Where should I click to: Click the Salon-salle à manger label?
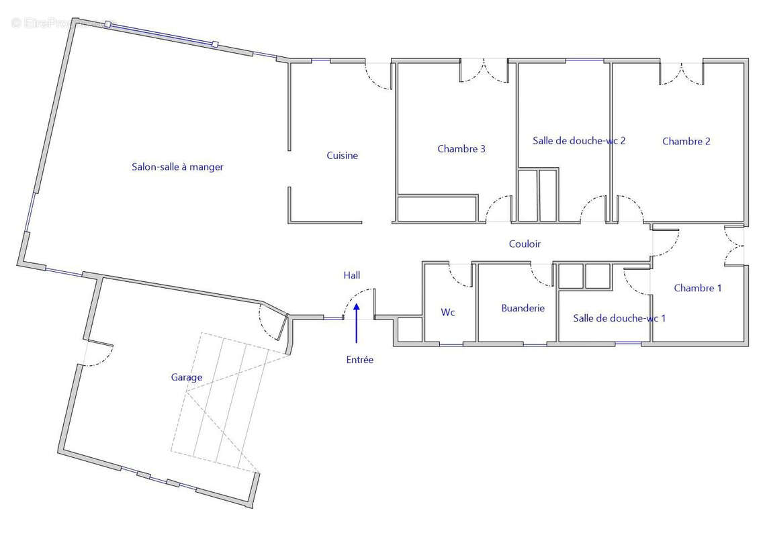(177, 167)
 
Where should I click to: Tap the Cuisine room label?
(343, 156)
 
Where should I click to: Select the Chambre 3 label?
(461, 149)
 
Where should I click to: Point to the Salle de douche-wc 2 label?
(579, 141)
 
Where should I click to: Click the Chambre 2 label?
(686, 141)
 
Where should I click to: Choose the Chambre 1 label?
(698, 288)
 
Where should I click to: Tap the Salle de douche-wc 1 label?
(619, 318)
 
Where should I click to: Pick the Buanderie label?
(523, 308)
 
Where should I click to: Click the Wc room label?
(449, 312)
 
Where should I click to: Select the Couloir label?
(525, 244)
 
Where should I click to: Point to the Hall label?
(352, 275)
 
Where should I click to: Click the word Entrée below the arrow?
(360, 360)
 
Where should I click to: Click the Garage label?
(187, 377)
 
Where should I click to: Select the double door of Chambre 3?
(484, 72)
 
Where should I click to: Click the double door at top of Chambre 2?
(682, 73)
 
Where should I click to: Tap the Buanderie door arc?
(541, 273)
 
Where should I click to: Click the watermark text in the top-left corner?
(60, 23)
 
